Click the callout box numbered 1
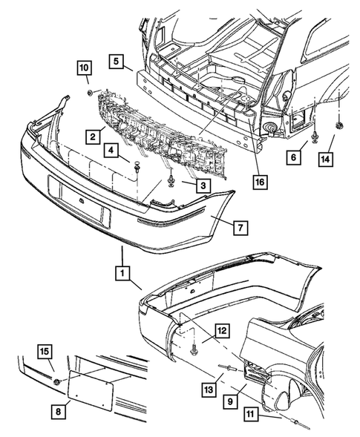click(119, 274)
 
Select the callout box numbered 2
click(94, 137)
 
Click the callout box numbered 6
click(295, 157)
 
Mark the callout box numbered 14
click(327, 157)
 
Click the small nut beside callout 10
click(89, 92)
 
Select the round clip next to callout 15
click(57, 381)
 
